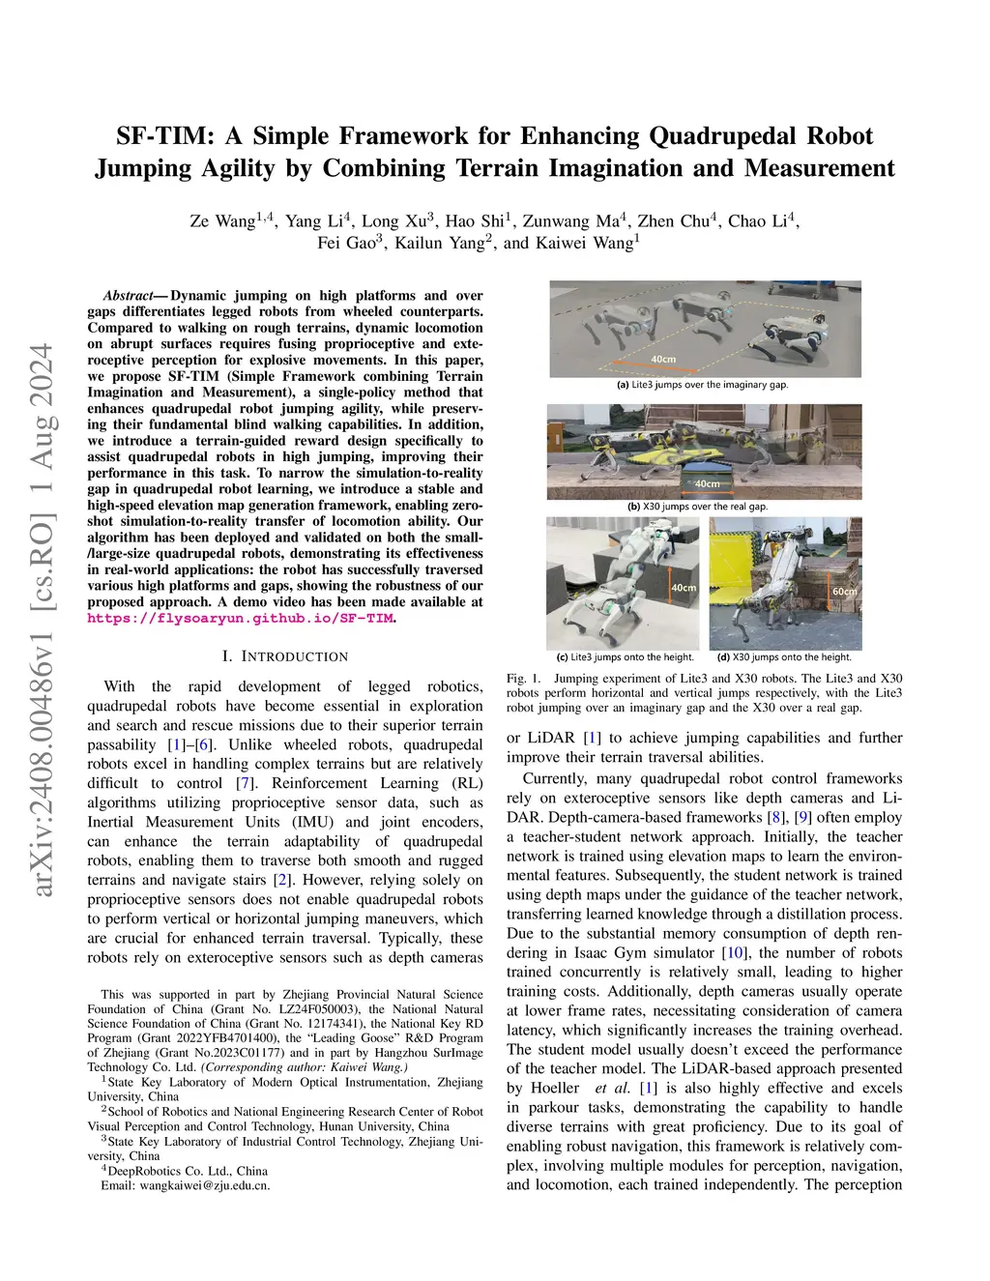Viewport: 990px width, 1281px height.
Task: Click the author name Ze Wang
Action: coord(222,221)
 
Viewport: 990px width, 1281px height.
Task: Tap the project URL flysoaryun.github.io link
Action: coord(241,619)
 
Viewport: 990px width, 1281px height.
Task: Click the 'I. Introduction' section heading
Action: coord(285,656)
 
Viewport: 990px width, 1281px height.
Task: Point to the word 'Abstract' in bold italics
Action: coord(127,296)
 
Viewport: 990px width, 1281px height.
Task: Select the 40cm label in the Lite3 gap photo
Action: coord(663,359)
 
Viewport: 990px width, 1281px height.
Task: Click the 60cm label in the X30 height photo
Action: coord(844,591)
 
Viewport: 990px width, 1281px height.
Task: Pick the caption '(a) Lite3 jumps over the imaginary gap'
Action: coord(703,385)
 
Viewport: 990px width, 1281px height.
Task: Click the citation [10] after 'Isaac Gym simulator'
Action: coord(737,952)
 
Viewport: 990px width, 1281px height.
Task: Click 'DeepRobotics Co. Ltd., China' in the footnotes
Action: coord(189,1170)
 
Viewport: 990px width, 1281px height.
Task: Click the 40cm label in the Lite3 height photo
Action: coord(684,588)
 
